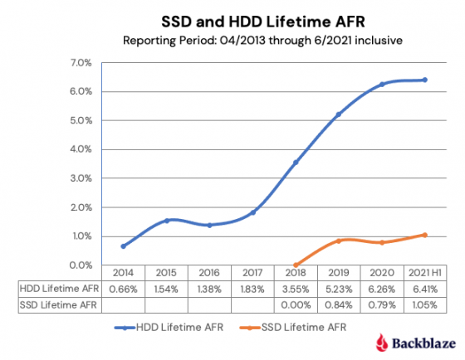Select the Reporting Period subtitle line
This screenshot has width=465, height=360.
232,40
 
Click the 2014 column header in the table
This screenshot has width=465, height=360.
123,273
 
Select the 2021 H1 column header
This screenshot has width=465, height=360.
424,273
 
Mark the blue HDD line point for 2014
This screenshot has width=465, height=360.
123,246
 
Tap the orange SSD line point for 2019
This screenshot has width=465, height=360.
339,241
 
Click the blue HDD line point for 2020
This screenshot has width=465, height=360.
382,85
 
